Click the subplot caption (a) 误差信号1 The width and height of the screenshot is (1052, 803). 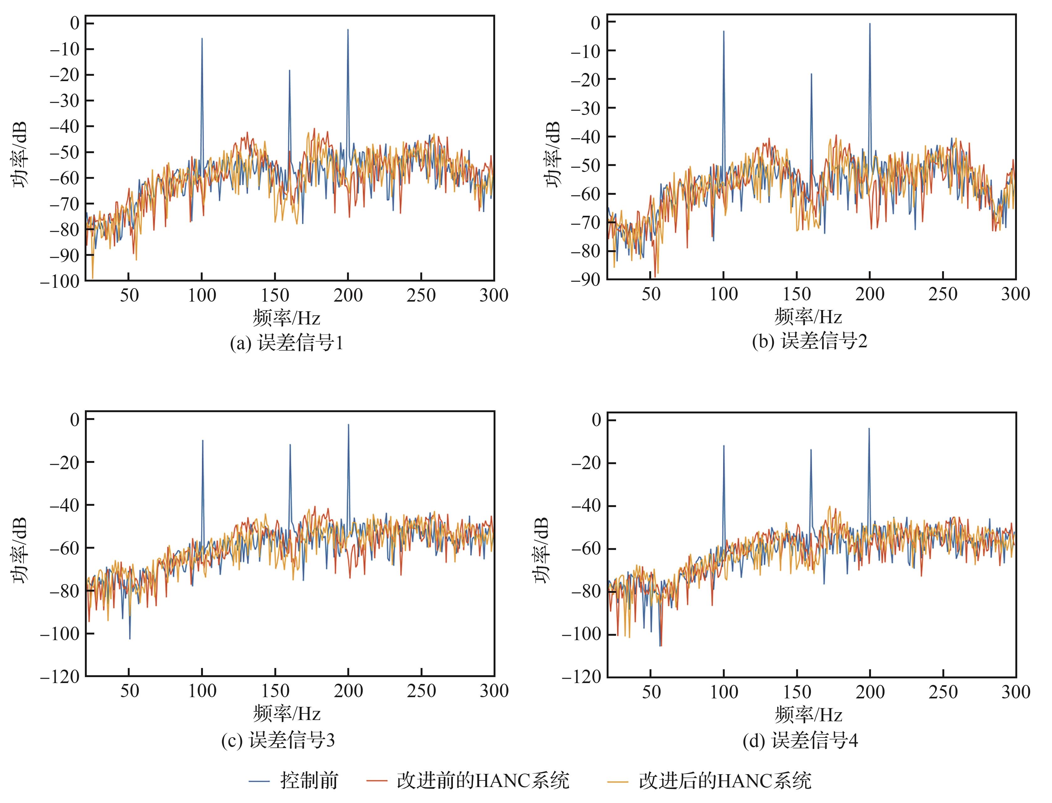pyautogui.click(x=287, y=343)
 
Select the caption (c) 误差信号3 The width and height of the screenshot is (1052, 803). pyautogui.click(x=278, y=740)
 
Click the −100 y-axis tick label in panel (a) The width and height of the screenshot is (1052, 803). pyautogui.click(x=60, y=281)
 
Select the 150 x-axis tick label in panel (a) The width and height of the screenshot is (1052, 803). pyautogui.click(x=275, y=295)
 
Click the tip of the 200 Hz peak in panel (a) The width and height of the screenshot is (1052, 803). pyautogui.click(x=348, y=30)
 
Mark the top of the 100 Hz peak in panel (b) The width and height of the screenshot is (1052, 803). pyautogui.click(x=724, y=31)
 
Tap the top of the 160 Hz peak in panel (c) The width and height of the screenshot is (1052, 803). pyautogui.click(x=290, y=445)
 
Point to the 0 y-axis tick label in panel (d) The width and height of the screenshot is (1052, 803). pyautogui.click(x=597, y=420)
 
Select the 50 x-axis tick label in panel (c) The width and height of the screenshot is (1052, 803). pyautogui.click(x=129, y=691)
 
